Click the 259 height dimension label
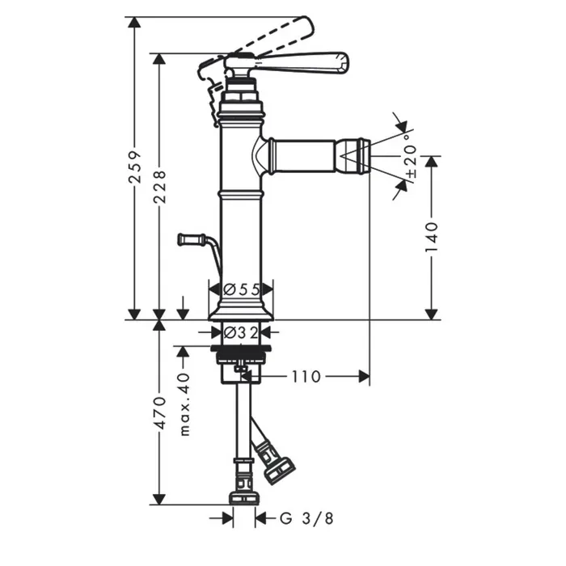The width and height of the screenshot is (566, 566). tap(134, 167)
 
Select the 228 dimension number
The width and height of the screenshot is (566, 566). tap(159, 187)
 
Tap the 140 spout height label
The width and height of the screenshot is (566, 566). tap(432, 238)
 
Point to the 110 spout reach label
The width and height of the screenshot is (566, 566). tap(306, 377)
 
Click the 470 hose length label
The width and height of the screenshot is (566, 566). tap(159, 413)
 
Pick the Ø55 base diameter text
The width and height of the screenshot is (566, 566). tap(242, 289)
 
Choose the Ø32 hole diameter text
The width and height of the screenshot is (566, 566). tap(241, 332)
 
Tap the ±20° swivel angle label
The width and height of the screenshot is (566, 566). tap(411, 156)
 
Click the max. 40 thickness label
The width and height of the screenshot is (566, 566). tap(184, 404)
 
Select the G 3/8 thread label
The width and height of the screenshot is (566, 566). tap(306, 519)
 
